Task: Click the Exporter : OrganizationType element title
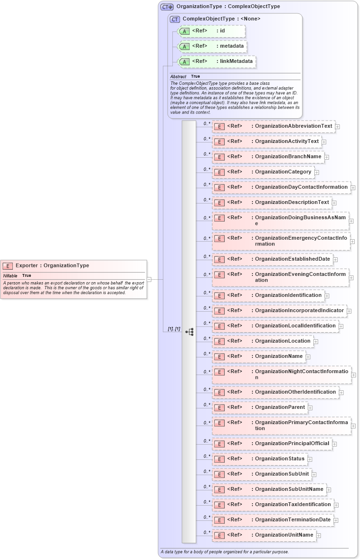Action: click(x=52, y=265)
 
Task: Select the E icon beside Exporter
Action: click(x=8, y=266)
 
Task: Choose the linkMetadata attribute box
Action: click(x=217, y=61)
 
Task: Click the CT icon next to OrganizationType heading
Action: click(x=167, y=7)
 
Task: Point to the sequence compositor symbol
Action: click(x=189, y=332)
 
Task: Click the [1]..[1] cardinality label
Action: click(x=174, y=329)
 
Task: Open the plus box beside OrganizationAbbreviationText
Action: click(x=337, y=127)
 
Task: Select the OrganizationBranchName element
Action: click(x=288, y=156)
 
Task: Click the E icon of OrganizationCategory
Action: click(x=219, y=172)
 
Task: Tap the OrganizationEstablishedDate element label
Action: click(x=292, y=259)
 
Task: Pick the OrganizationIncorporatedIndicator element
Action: click(x=299, y=310)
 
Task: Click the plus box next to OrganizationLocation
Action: click(x=316, y=342)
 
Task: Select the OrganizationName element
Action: click(x=279, y=356)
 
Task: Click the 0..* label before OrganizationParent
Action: click(x=207, y=405)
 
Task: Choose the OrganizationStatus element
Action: click(x=280, y=458)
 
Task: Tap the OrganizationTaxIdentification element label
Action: click(x=292, y=504)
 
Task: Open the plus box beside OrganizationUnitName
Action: click(x=319, y=536)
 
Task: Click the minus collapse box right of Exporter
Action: click(x=149, y=279)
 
